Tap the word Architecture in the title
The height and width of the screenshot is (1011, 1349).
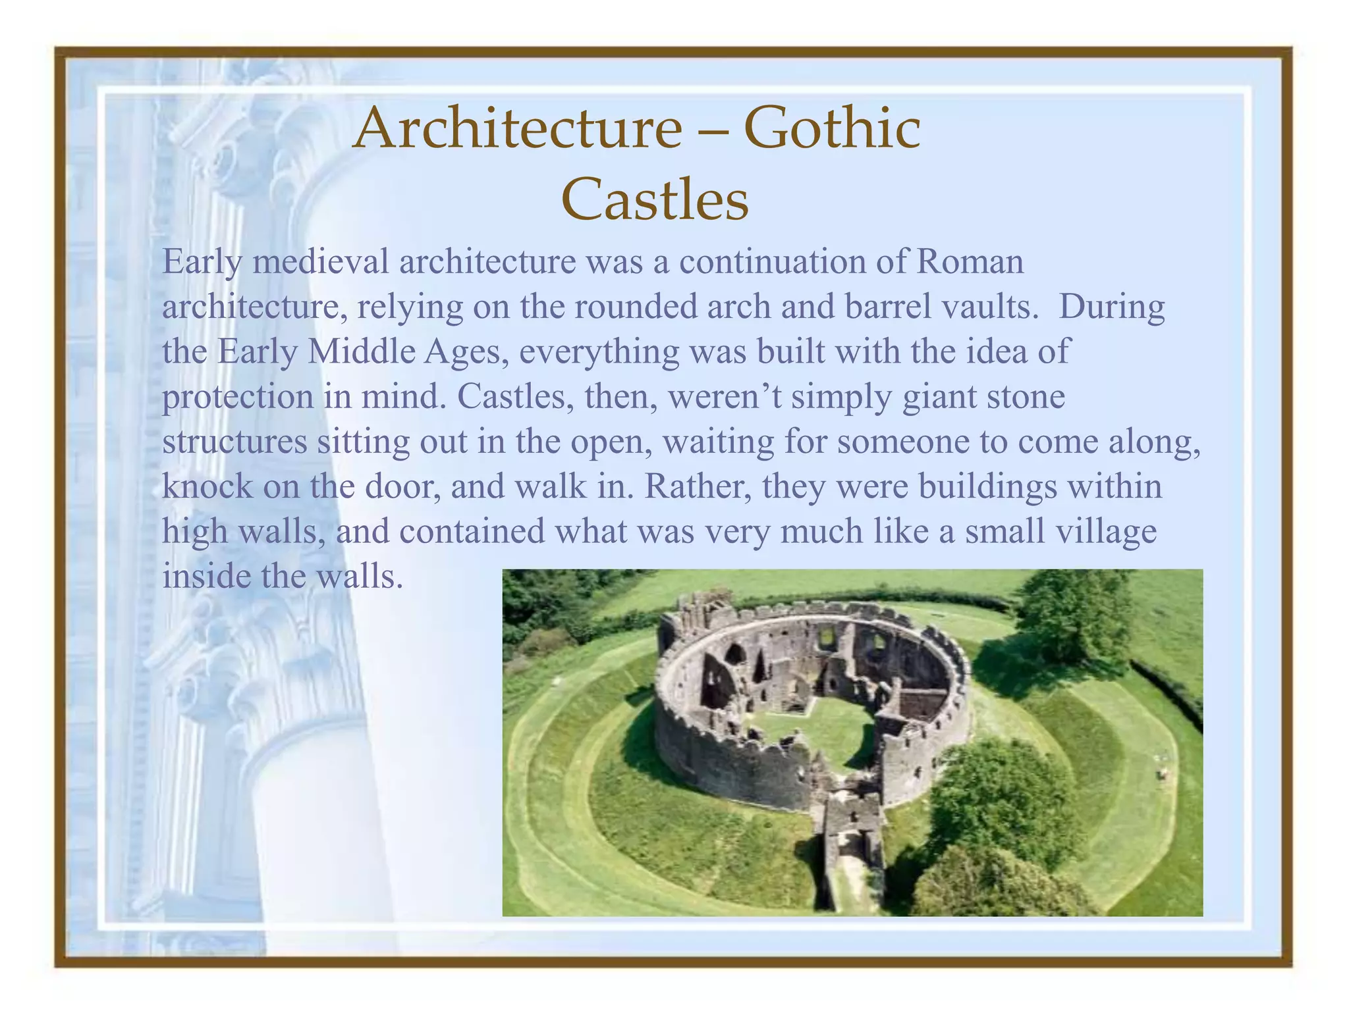click(518, 129)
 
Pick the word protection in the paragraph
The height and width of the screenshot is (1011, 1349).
click(237, 398)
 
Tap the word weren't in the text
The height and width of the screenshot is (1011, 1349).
click(724, 397)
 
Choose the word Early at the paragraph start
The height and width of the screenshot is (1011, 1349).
click(202, 262)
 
